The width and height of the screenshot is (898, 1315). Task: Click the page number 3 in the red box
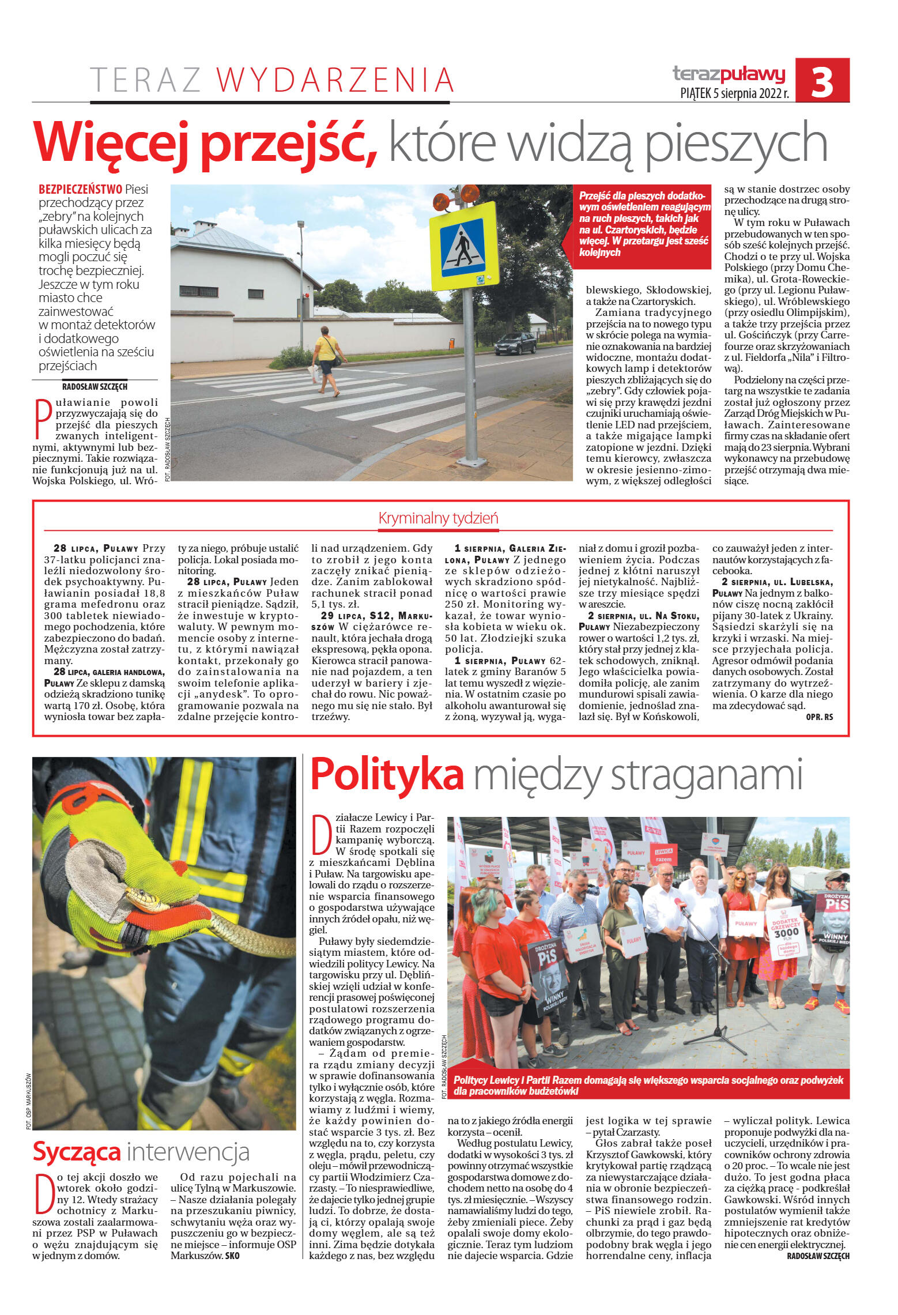[822, 81]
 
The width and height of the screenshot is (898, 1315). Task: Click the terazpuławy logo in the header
[729, 74]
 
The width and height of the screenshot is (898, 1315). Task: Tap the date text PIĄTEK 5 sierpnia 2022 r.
[734, 93]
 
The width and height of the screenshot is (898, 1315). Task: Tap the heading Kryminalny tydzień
[438, 518]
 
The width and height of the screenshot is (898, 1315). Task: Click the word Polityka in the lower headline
[387, 775]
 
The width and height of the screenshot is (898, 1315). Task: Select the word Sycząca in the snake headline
[77, 1151]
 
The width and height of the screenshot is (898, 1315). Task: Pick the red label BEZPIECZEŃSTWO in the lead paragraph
[80, 189]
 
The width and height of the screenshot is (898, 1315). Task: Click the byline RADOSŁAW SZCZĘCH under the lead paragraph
[95, 386]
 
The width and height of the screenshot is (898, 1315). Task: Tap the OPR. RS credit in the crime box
[819, 717]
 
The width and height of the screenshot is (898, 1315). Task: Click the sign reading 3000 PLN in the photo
[786, 932]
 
